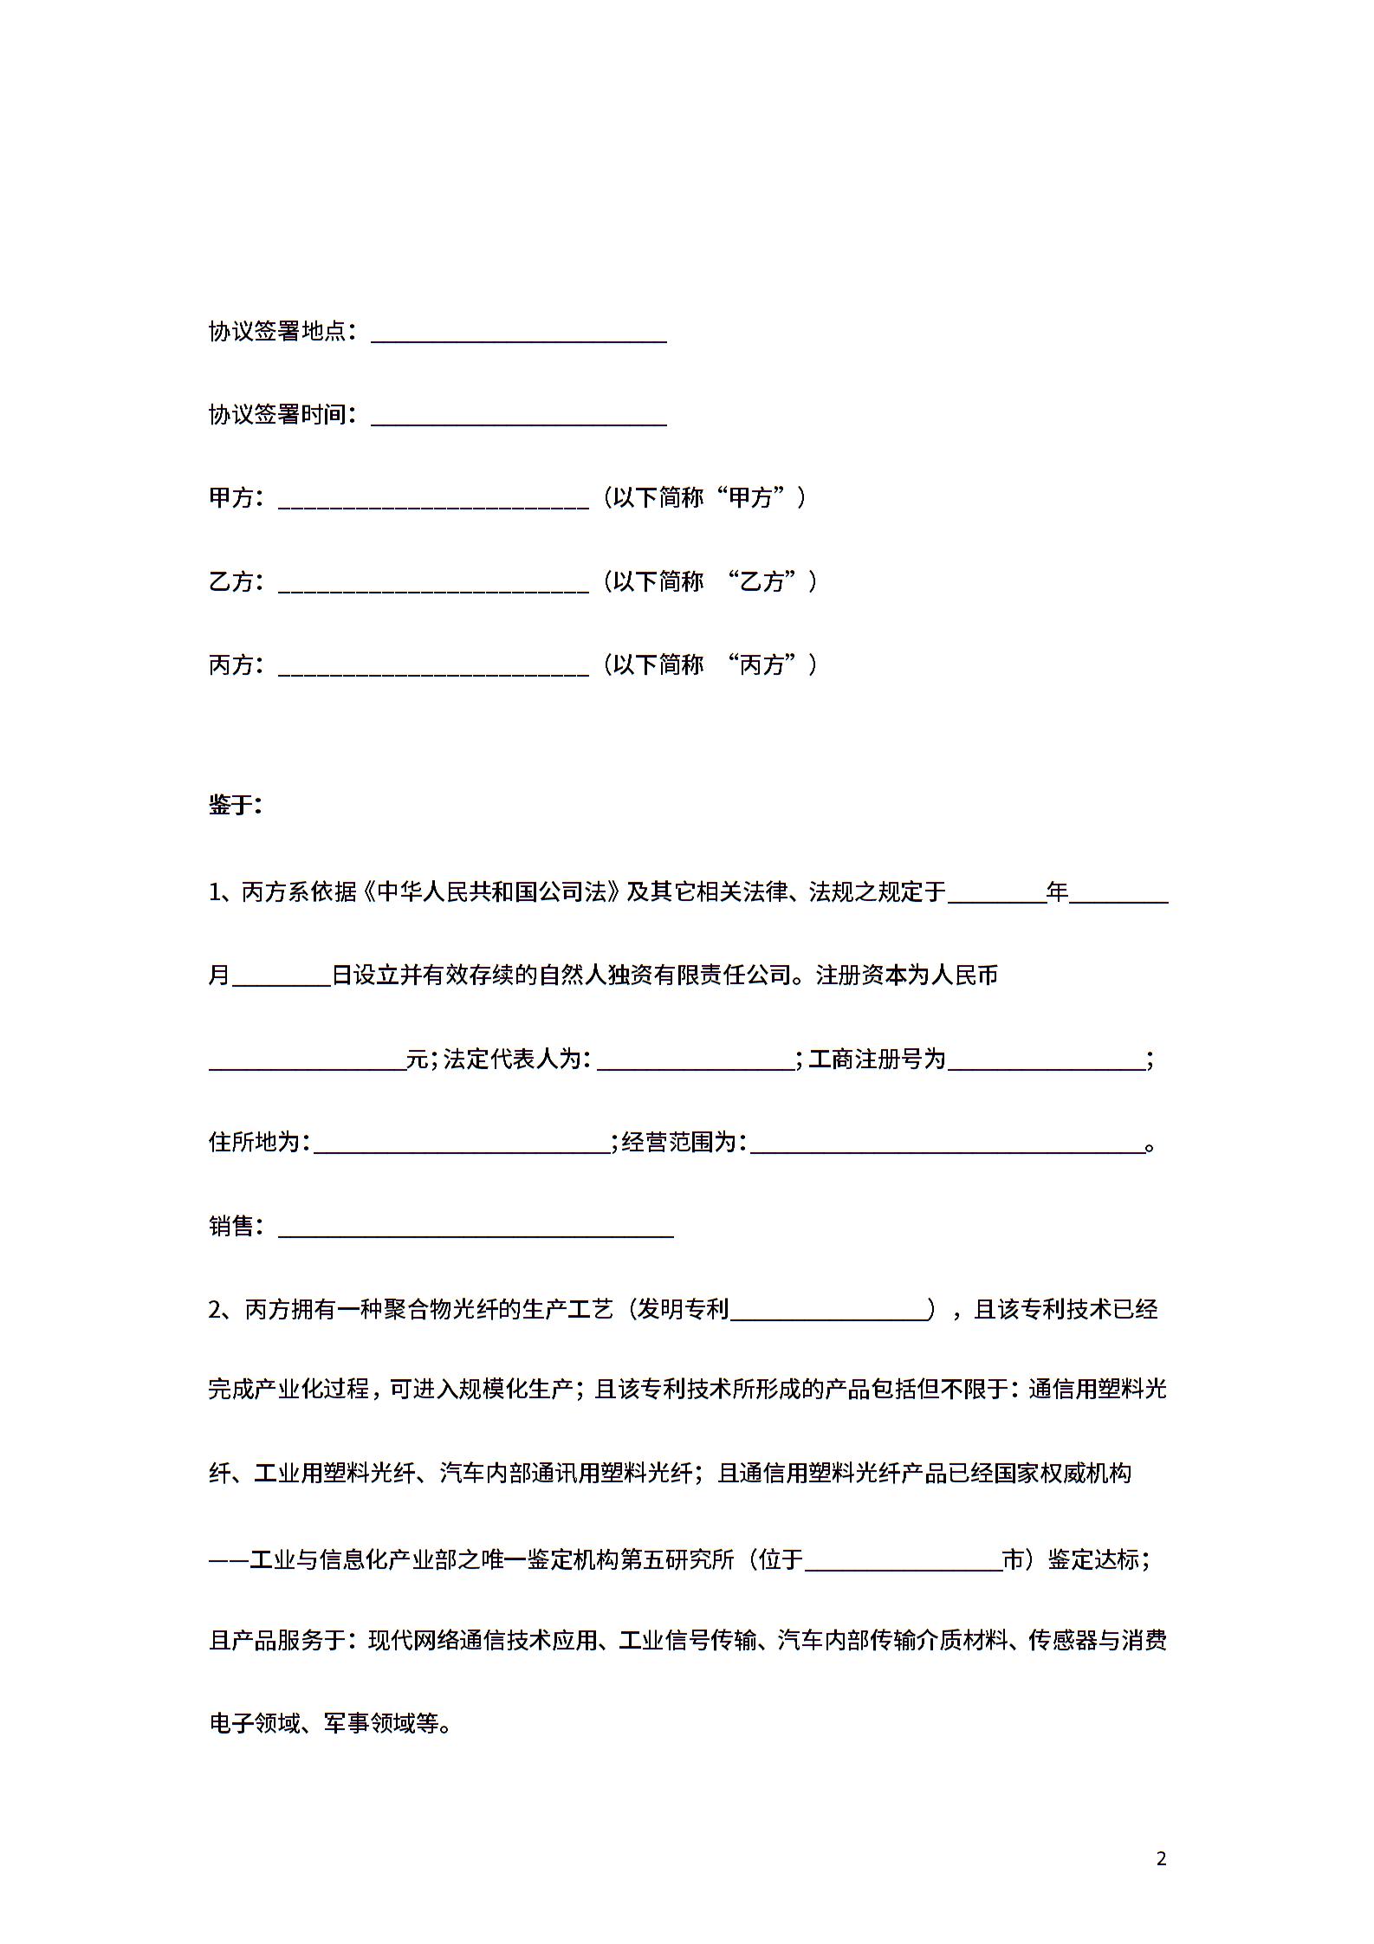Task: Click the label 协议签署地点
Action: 277,331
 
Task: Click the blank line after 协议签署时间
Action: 518,416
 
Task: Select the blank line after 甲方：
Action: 433,500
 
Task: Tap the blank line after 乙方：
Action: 433,583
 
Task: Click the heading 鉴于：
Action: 235,805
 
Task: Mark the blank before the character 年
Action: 997,894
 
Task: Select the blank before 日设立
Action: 282,977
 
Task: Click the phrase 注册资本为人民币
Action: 907,975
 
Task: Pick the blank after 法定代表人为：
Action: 696,1061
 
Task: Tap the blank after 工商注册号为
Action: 1046,1061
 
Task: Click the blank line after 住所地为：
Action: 462,1144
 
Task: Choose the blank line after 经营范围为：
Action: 947,1144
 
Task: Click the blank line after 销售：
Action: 476,1228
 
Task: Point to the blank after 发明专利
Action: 828,1312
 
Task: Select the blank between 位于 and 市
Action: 903,1562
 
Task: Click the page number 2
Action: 1162,1858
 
